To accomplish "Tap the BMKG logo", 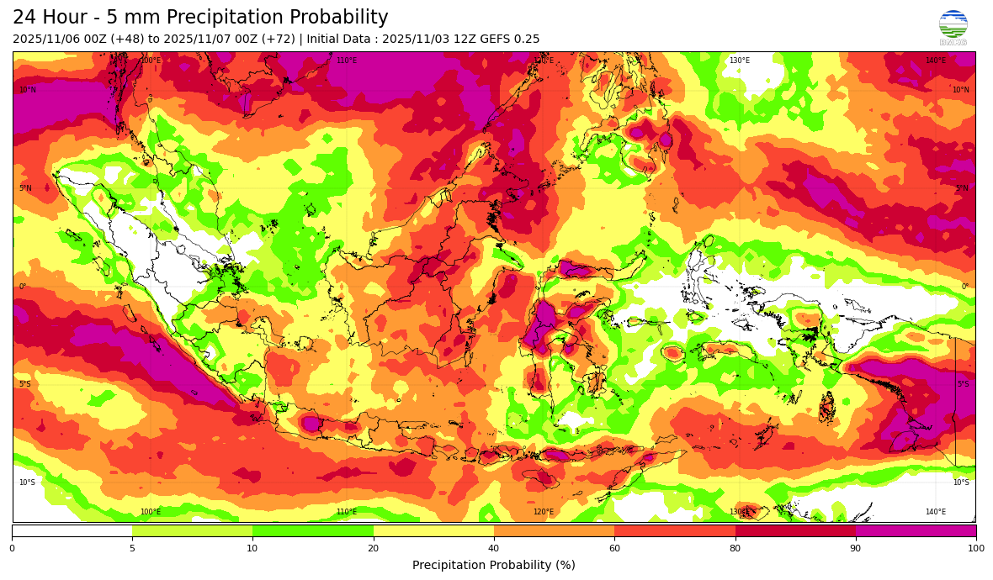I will coord(953,28).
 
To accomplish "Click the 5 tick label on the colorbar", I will coord(132,549).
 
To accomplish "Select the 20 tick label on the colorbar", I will coord(373,549).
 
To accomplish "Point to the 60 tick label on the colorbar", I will coord(614,549).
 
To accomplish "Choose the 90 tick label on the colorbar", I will coord(856,549).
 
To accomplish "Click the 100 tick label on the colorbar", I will coord(975,549).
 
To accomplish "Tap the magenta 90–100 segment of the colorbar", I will coord(916,530).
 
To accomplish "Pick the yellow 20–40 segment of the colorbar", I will coord(433,530).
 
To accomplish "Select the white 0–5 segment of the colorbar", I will coord(72,530).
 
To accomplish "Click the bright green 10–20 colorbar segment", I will coord(313,530).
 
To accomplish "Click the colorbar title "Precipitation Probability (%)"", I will coord(494,565).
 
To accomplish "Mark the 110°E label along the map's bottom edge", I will coord(347,512).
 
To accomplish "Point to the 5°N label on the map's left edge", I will coord(26,188).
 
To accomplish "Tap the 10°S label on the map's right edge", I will coord(961,482).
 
